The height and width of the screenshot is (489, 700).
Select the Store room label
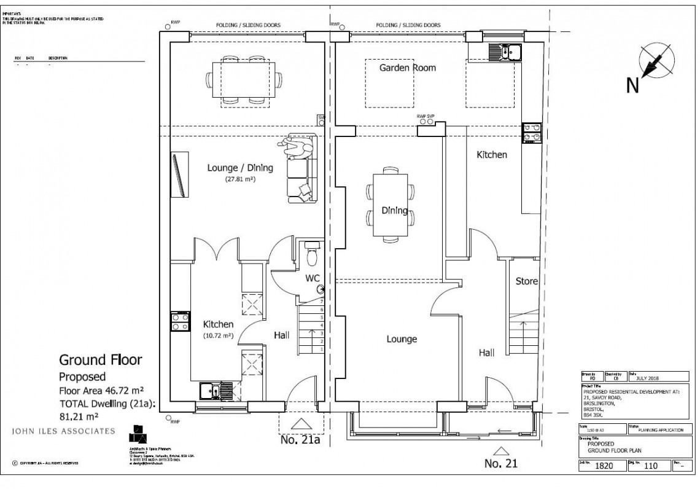(526, 281)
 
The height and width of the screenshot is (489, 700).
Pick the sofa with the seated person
(300, 169)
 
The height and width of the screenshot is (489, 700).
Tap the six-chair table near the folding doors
(244, 80)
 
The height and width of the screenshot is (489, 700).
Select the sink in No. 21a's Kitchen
(212, 389)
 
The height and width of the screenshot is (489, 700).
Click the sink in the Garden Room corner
(505, 52)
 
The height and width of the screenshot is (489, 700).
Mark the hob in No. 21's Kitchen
(531, 133)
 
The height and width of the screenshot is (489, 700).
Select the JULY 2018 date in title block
(647, 378)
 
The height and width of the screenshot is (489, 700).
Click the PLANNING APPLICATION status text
(657, 430)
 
